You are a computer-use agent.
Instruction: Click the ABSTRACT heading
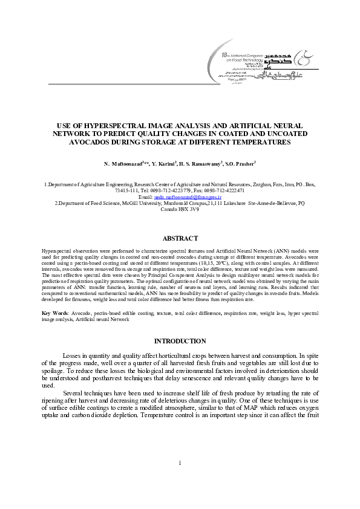tap(180, 239)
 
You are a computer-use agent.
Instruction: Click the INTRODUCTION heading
tap(180, 341)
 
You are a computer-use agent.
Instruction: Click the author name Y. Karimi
tap(164, 164)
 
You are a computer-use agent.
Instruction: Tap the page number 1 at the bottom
tap(180, 481)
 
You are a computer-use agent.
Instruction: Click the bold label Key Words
tap(54, 313)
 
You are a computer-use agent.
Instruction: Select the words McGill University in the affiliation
tap(136, 203)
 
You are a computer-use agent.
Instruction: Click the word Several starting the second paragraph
tap(75, 393)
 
